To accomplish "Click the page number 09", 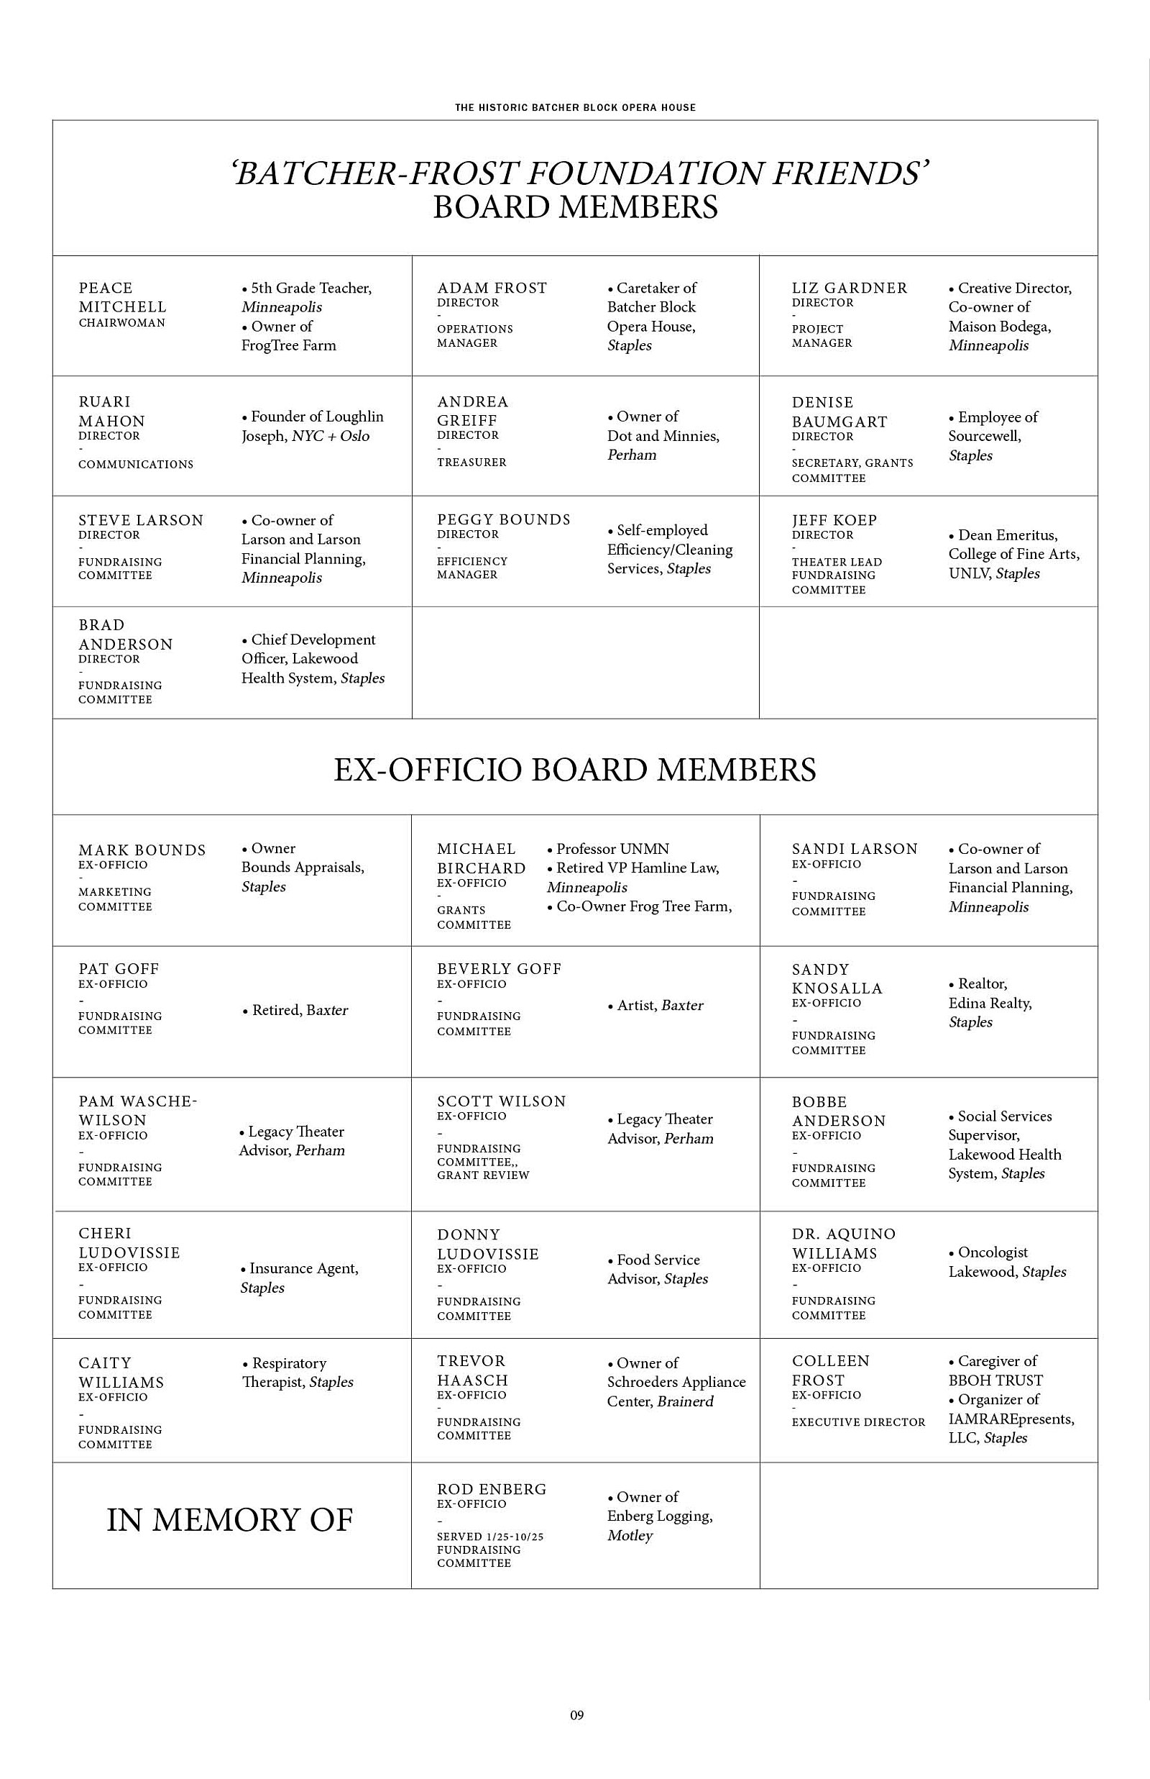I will click(x=576, y=1716).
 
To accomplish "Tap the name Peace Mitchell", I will click(x=122, y=297).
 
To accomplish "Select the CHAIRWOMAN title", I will click(x=121, y=323).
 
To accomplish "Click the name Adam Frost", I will click(x=492, y=288).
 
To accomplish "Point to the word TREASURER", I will click(x=472, y=463).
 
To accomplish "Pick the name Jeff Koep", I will click(x=834, y=520).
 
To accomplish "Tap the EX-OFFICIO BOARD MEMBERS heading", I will click(x=575, y=770).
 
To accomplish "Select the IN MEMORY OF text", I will click(x=229, y=1521).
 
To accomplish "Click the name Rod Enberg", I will click(x=492, y=1489).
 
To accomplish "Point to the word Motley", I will click(x=630, y=1535).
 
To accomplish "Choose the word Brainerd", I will click(x=686, y=1401).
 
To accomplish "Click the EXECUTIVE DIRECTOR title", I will click(x=858, y=1422).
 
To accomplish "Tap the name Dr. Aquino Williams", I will click(x=844, y=1243).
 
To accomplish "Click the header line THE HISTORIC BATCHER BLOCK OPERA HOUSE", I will click(x=575, y=108).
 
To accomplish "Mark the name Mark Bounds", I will click(x=142, y=850).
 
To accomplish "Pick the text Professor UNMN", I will click(x=612, y=849).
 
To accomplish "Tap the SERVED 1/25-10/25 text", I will click(x=490, y=1537).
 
